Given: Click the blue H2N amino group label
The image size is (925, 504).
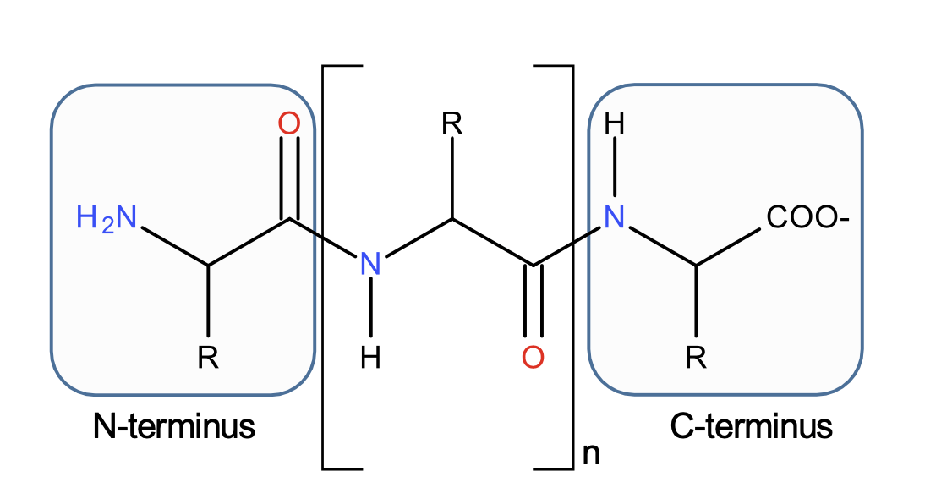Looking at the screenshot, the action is (106, 219).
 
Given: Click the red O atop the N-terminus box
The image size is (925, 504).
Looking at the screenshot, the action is (289, 124).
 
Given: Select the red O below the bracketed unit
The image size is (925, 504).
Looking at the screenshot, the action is (533, 358).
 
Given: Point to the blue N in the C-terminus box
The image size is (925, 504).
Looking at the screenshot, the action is (614, 219).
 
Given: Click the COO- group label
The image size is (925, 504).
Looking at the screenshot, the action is (807, 218).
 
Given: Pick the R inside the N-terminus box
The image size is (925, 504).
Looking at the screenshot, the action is (208, 359).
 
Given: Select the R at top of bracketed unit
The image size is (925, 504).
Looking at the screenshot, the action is (452, 125).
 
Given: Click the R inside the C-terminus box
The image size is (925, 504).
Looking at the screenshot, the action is (695, 359).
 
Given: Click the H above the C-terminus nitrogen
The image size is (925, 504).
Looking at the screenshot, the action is (615, 125).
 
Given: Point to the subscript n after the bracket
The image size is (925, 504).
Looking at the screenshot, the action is (592, 455).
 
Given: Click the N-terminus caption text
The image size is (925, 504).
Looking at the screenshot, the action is (174, 426).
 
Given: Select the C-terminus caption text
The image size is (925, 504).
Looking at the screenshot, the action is (751, 426).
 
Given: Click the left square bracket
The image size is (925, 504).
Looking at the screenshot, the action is (325, 266).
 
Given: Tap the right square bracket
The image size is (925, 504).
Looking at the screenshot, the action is (572, 266).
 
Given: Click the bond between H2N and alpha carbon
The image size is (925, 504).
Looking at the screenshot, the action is (174, 246).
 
